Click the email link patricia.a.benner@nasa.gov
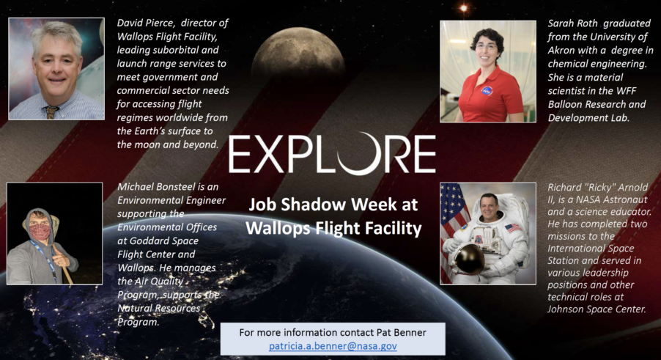(333, 346)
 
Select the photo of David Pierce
(56, 69)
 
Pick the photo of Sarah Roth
(488, 72)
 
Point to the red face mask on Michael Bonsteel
(40, 232)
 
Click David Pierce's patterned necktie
(51, 112)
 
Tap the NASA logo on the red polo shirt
(487, 89)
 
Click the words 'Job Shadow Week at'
(333, 205)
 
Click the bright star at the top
(463, 8)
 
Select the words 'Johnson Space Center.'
(597, 309)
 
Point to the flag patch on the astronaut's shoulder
(513, 229)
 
